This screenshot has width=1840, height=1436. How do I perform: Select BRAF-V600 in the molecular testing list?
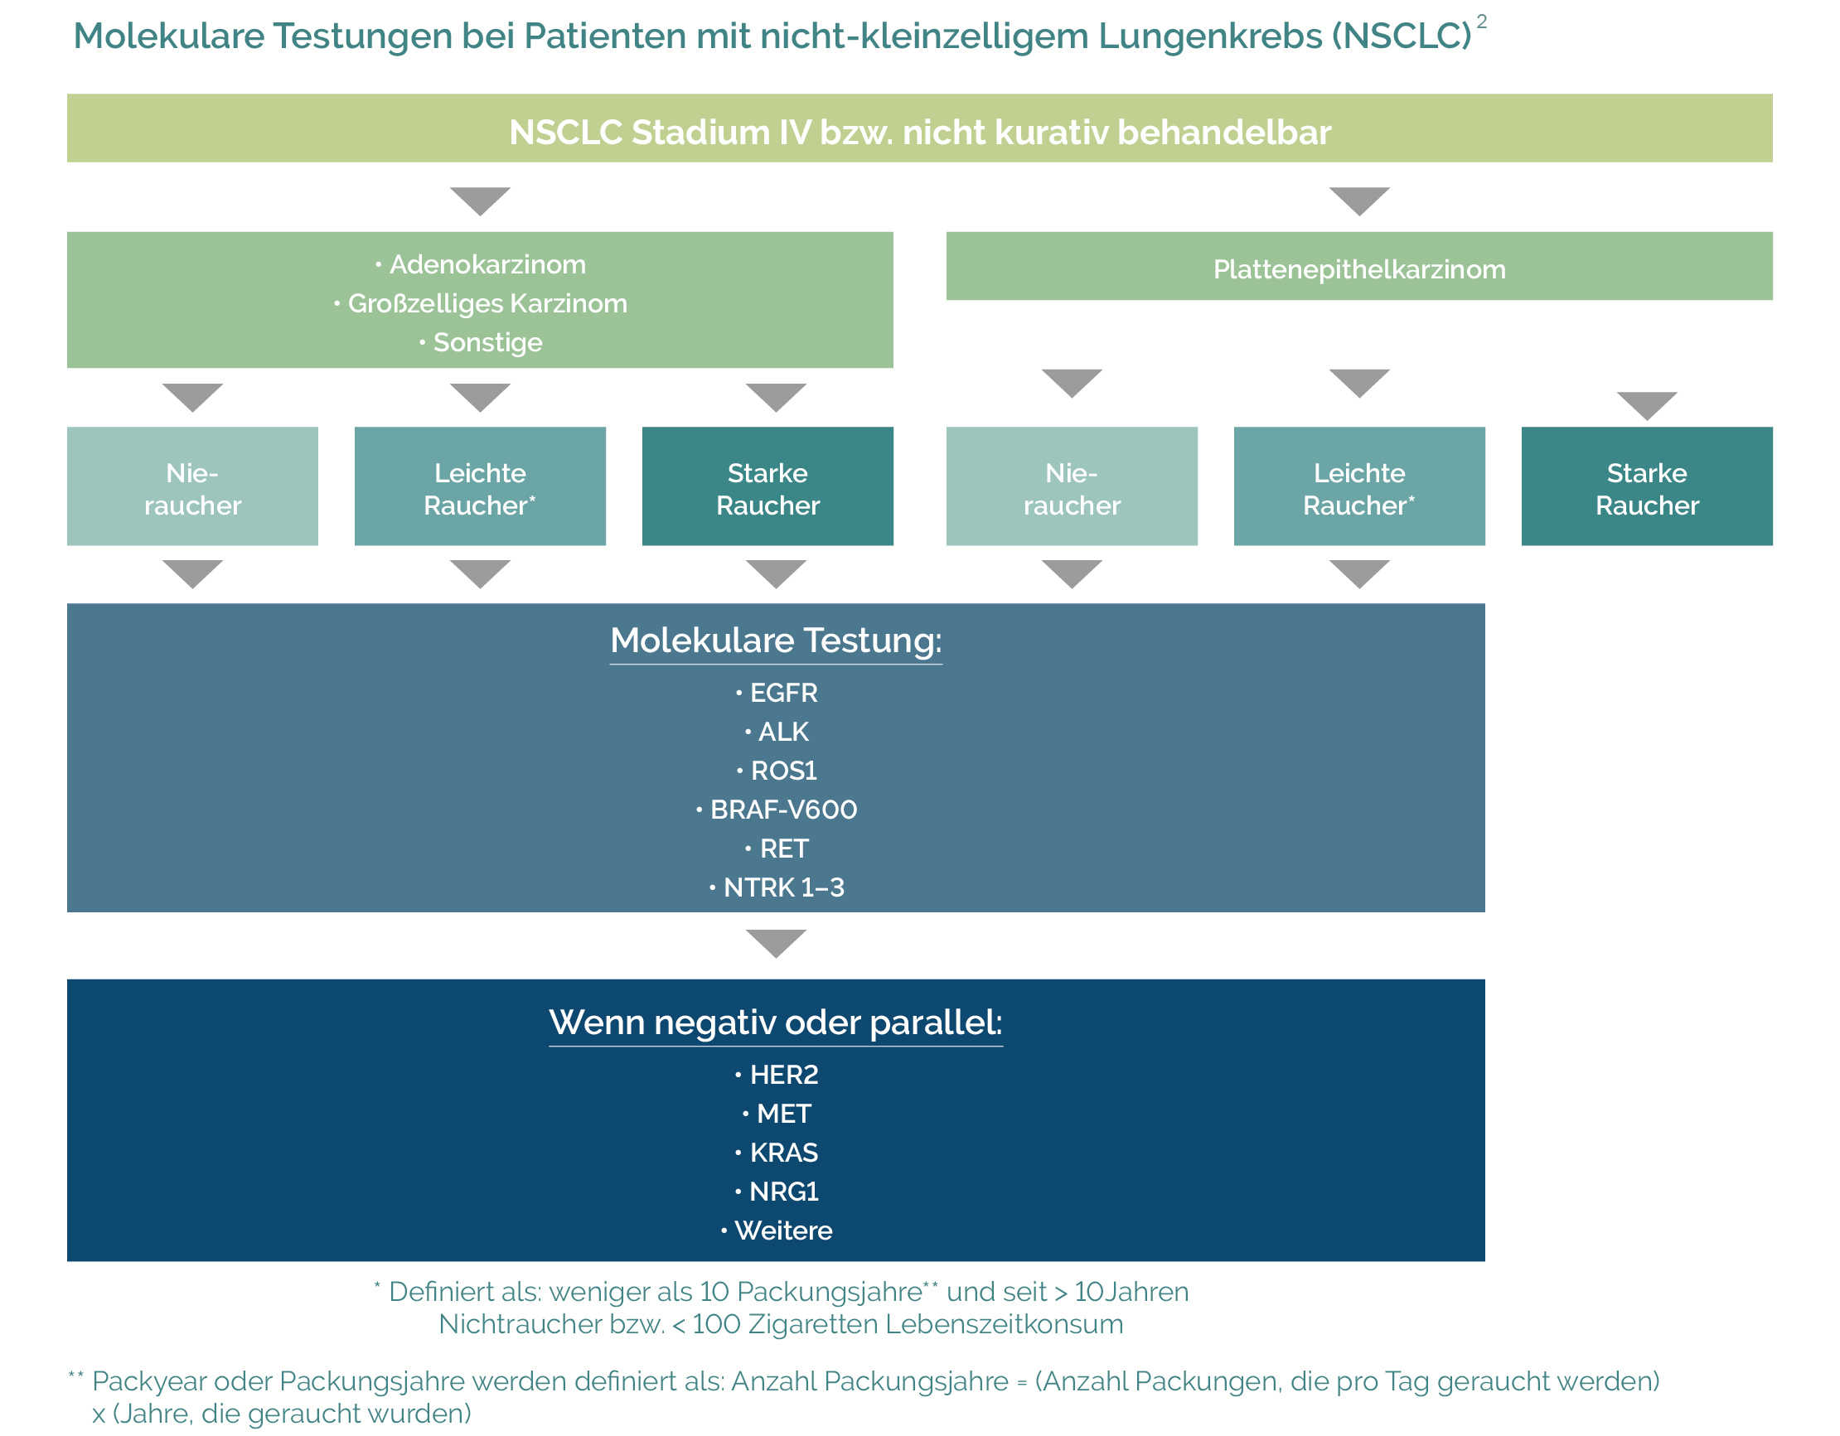[782, 810]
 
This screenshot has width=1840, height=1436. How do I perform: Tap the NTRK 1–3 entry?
[782, 887]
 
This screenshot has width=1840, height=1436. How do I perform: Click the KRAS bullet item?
[782, 1153]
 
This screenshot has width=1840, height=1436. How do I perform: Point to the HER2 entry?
[782, 1076]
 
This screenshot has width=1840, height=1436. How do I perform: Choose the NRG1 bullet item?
[782, 1192]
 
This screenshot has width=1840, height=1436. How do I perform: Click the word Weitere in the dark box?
[782, 1231]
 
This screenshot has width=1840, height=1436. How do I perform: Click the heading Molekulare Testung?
[776, 641]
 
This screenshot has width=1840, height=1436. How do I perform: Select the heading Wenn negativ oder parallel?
[776, 1023]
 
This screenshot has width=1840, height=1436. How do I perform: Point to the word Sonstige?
[488, 343]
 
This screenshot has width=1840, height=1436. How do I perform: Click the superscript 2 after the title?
[1482, 22]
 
